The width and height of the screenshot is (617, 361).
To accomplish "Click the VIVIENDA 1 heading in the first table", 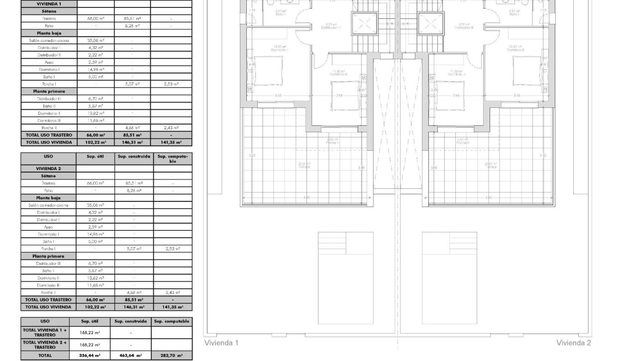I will pyautogui.click(x=49, y=3).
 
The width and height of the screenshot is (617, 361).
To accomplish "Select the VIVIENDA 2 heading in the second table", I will pyautogui.click(x=48, y=169).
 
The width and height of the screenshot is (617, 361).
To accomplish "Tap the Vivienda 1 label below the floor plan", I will pyautogui.click(x=221, y=343).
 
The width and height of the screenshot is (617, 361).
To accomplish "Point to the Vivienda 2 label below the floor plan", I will pyautogui.click(x=574, y=343).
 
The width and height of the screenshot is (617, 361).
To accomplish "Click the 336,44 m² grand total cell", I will pyautogui.click(x=90, y=356).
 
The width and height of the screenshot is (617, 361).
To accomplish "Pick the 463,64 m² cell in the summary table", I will pyautogui.click(x=130, y=356).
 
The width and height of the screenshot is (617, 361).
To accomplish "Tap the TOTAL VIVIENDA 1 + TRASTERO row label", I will pyautogui.click(x=44, y=332).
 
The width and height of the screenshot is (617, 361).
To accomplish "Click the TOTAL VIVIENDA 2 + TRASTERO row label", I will pyautogui.click(x=44, y=345).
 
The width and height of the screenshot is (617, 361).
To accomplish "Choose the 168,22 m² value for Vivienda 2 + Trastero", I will pyautogui.click(x=90, y=345).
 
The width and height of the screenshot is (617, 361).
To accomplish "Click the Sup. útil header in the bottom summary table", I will pyautogui.click(x=90, y=321).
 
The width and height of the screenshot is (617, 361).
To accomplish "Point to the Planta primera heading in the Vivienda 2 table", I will pyautogui.click(x=48, y=256).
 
